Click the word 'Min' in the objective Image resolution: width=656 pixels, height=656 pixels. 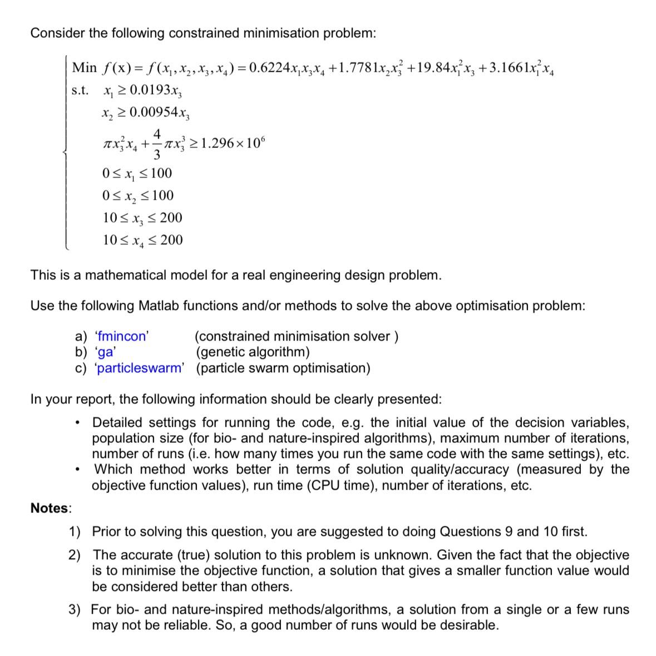click(84, 68)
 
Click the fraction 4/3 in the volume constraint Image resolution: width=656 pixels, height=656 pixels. click(157, 143)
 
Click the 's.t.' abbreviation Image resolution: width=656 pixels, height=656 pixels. click(80, 91)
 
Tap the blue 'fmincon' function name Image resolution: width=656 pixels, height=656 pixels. click(121, 336)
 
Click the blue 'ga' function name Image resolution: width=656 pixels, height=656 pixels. click(105, 352)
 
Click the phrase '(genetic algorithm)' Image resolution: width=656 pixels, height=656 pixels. click(253, 352)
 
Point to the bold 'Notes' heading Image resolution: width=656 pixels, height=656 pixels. click(50, 508)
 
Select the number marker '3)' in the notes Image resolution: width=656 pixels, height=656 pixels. click(75, 610)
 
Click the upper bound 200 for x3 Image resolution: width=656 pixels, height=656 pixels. click(171, 218)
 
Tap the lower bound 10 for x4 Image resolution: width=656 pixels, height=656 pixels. click(110, 240)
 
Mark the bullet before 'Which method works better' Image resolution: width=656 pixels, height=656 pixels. click(82, 470)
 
